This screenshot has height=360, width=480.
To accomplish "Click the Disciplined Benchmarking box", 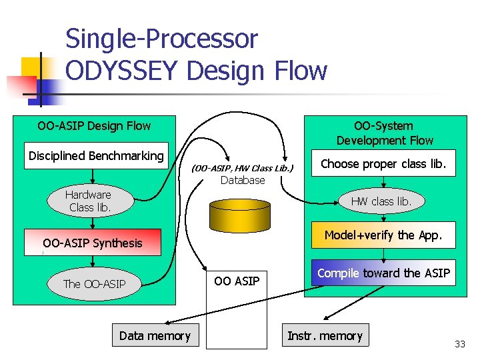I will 95,156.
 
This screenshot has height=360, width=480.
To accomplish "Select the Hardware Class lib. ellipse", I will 88,201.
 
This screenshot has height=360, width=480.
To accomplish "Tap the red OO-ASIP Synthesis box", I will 93,243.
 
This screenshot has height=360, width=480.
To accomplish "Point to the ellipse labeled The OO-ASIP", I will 94,284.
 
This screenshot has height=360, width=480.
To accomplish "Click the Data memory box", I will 154,336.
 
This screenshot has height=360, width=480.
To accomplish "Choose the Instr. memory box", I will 325,336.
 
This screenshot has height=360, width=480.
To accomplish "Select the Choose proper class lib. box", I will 383,164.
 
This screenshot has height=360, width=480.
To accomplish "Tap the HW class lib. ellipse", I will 381,201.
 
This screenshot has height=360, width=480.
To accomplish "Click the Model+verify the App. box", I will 383,235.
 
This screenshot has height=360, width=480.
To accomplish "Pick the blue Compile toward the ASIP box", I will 383,273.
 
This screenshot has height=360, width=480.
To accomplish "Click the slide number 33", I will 459,344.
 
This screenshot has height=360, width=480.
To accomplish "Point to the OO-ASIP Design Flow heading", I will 94,126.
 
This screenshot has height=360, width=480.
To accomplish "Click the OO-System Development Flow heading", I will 384,133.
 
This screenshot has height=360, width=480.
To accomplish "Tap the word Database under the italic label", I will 243,180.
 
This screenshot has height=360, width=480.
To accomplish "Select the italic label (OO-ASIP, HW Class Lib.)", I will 243,168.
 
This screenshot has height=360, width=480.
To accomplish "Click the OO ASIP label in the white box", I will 237,281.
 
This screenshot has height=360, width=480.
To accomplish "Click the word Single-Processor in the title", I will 161,39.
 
